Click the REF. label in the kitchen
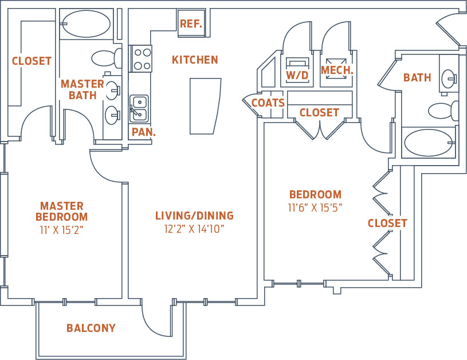tap(191, 24)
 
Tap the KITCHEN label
tap(195, 60)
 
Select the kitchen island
tap(205, 106)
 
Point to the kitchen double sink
tap(138, 108)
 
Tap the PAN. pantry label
tap(143, 132)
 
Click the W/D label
tap(297, 75)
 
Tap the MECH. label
tap(336, 71)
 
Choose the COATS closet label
tap(268, 103)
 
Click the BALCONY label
tap(91, 328)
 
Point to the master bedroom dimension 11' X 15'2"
tap(61, 230)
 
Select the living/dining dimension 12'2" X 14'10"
tap(194, 229)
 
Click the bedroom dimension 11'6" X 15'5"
tap(315, 208)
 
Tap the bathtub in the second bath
tap(429, 143)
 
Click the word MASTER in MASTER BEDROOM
tap(61, 206)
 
